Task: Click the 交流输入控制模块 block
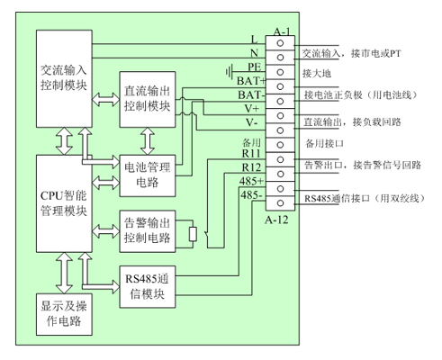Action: (64, 78)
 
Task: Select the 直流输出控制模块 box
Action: (148, 99)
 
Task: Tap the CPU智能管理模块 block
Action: (64, 203)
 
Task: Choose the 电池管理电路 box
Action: (148, 175)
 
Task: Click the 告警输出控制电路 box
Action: (148, 231)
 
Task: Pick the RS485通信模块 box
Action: (148, 287)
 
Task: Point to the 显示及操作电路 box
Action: (64, 314)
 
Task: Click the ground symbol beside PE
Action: (230, 72)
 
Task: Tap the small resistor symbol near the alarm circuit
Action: (193, 234)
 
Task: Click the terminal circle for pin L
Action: (280, 43)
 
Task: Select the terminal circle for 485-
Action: (280, 203)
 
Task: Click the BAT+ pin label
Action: (251, 81)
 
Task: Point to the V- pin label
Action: (251, 122)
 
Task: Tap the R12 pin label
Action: (251, 167)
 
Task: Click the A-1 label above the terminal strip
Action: (282, 31)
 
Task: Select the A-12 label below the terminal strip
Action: (276, 220)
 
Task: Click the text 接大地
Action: (317, 73)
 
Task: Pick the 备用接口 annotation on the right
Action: (324, 143)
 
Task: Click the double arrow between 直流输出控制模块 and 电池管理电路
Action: (148, 141)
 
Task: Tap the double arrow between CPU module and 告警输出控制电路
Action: (105, 231)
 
